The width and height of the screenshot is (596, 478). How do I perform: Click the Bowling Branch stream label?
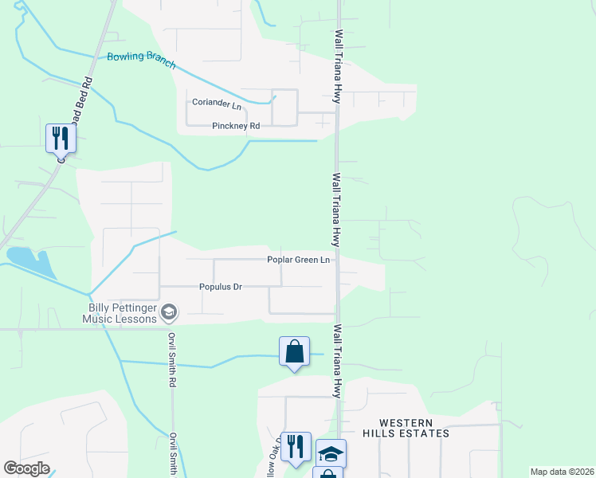tap(141, 61)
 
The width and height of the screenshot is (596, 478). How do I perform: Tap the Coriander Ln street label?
tap(216, 104)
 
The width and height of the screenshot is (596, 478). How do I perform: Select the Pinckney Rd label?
tap(236, 126)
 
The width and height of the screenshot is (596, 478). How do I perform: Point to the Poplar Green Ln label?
tap(298, 260)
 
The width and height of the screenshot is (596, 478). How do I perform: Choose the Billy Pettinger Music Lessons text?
tap(120, 313)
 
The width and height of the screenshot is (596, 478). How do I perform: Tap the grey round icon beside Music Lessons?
tap(168, 312)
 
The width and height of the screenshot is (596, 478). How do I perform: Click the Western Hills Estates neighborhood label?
tap(406, 428)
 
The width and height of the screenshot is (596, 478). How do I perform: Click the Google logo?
tap(26, 468)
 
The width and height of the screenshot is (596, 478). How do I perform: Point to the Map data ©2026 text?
tap(562, 472)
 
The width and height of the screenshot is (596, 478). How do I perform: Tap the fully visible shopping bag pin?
tap(294, 352)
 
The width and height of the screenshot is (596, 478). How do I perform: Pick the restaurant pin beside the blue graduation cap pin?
tap(296, 448)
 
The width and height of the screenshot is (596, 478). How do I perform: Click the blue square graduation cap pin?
tap(331, 454)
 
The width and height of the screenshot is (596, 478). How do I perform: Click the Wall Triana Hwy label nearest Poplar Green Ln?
tap(338, 210)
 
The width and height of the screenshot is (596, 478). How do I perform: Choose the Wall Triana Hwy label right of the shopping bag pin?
tap(338, 360)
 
